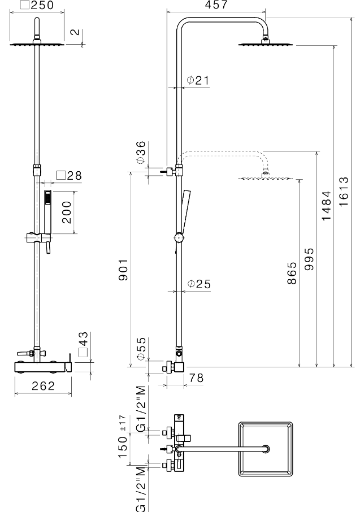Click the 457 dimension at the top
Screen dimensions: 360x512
tap(216, 5)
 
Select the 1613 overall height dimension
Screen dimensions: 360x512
tap(344, 192)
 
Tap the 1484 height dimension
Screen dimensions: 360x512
tap(326, 206)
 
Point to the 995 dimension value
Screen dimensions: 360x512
tap(309, 259)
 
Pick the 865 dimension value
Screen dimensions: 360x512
tap(292, 273)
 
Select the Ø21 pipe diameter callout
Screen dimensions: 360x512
tap(198, 80)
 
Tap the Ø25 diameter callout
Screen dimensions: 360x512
tap(199, 284)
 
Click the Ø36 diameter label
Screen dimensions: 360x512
tap(141, 153)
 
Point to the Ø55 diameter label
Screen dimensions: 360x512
tap(141, 349)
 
